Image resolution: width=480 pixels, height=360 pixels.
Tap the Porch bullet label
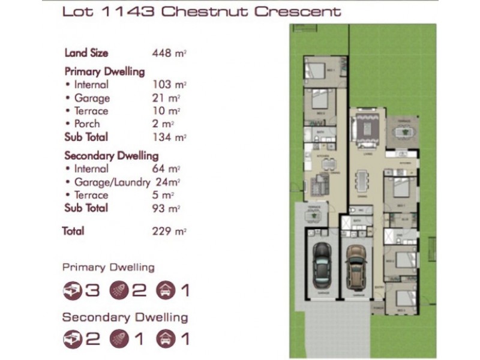click(87, 124)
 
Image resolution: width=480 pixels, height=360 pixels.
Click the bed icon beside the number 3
click(73, 291)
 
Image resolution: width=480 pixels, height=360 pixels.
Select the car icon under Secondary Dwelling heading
click(166, 339)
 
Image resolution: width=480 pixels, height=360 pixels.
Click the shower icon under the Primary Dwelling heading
click(119, 291)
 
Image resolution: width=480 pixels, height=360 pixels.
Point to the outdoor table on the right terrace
click(406, 130)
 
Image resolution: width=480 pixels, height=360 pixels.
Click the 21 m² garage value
click(167, 98)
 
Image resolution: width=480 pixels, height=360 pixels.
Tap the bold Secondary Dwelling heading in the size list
click(111, 155)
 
